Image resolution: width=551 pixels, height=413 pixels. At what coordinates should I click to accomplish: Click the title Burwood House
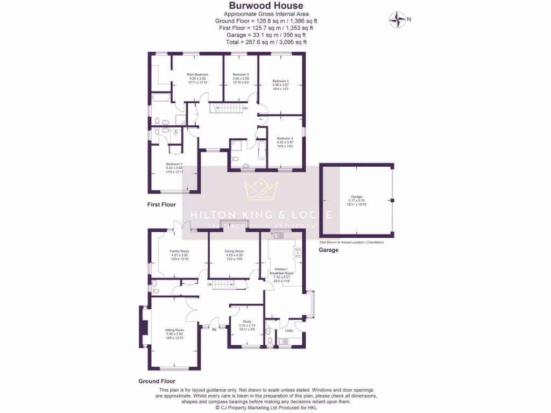[266, 6]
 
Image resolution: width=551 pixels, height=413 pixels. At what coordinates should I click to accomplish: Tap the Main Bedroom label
[197, 74]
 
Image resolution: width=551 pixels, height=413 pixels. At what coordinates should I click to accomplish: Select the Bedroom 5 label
[241, 74]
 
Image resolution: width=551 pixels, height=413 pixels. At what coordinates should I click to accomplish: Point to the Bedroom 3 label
[280, 81]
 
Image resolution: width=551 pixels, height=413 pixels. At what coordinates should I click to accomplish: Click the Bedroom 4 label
[285, 138]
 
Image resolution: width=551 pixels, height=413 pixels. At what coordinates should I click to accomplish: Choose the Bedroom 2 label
[174, 163]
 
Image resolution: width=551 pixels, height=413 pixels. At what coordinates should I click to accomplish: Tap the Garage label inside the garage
[356, 197]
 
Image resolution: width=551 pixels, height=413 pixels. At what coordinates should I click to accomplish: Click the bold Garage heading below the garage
[328, 250]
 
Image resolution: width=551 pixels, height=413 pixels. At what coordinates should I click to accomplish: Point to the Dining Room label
[234, 251]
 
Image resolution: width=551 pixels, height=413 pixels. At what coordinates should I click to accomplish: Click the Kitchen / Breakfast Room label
[280, 270]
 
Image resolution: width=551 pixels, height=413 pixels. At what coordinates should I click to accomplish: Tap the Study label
[246, 322]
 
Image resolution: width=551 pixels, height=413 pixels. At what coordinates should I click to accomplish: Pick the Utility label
[289, 331]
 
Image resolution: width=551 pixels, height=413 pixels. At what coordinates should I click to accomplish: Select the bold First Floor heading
[161, 205]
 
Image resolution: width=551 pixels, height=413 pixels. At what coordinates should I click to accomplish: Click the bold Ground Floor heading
[157, 381]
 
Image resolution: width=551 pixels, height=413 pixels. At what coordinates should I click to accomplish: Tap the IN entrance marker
[214, 329]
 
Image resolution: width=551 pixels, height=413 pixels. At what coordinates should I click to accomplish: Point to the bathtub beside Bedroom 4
[262, 151]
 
